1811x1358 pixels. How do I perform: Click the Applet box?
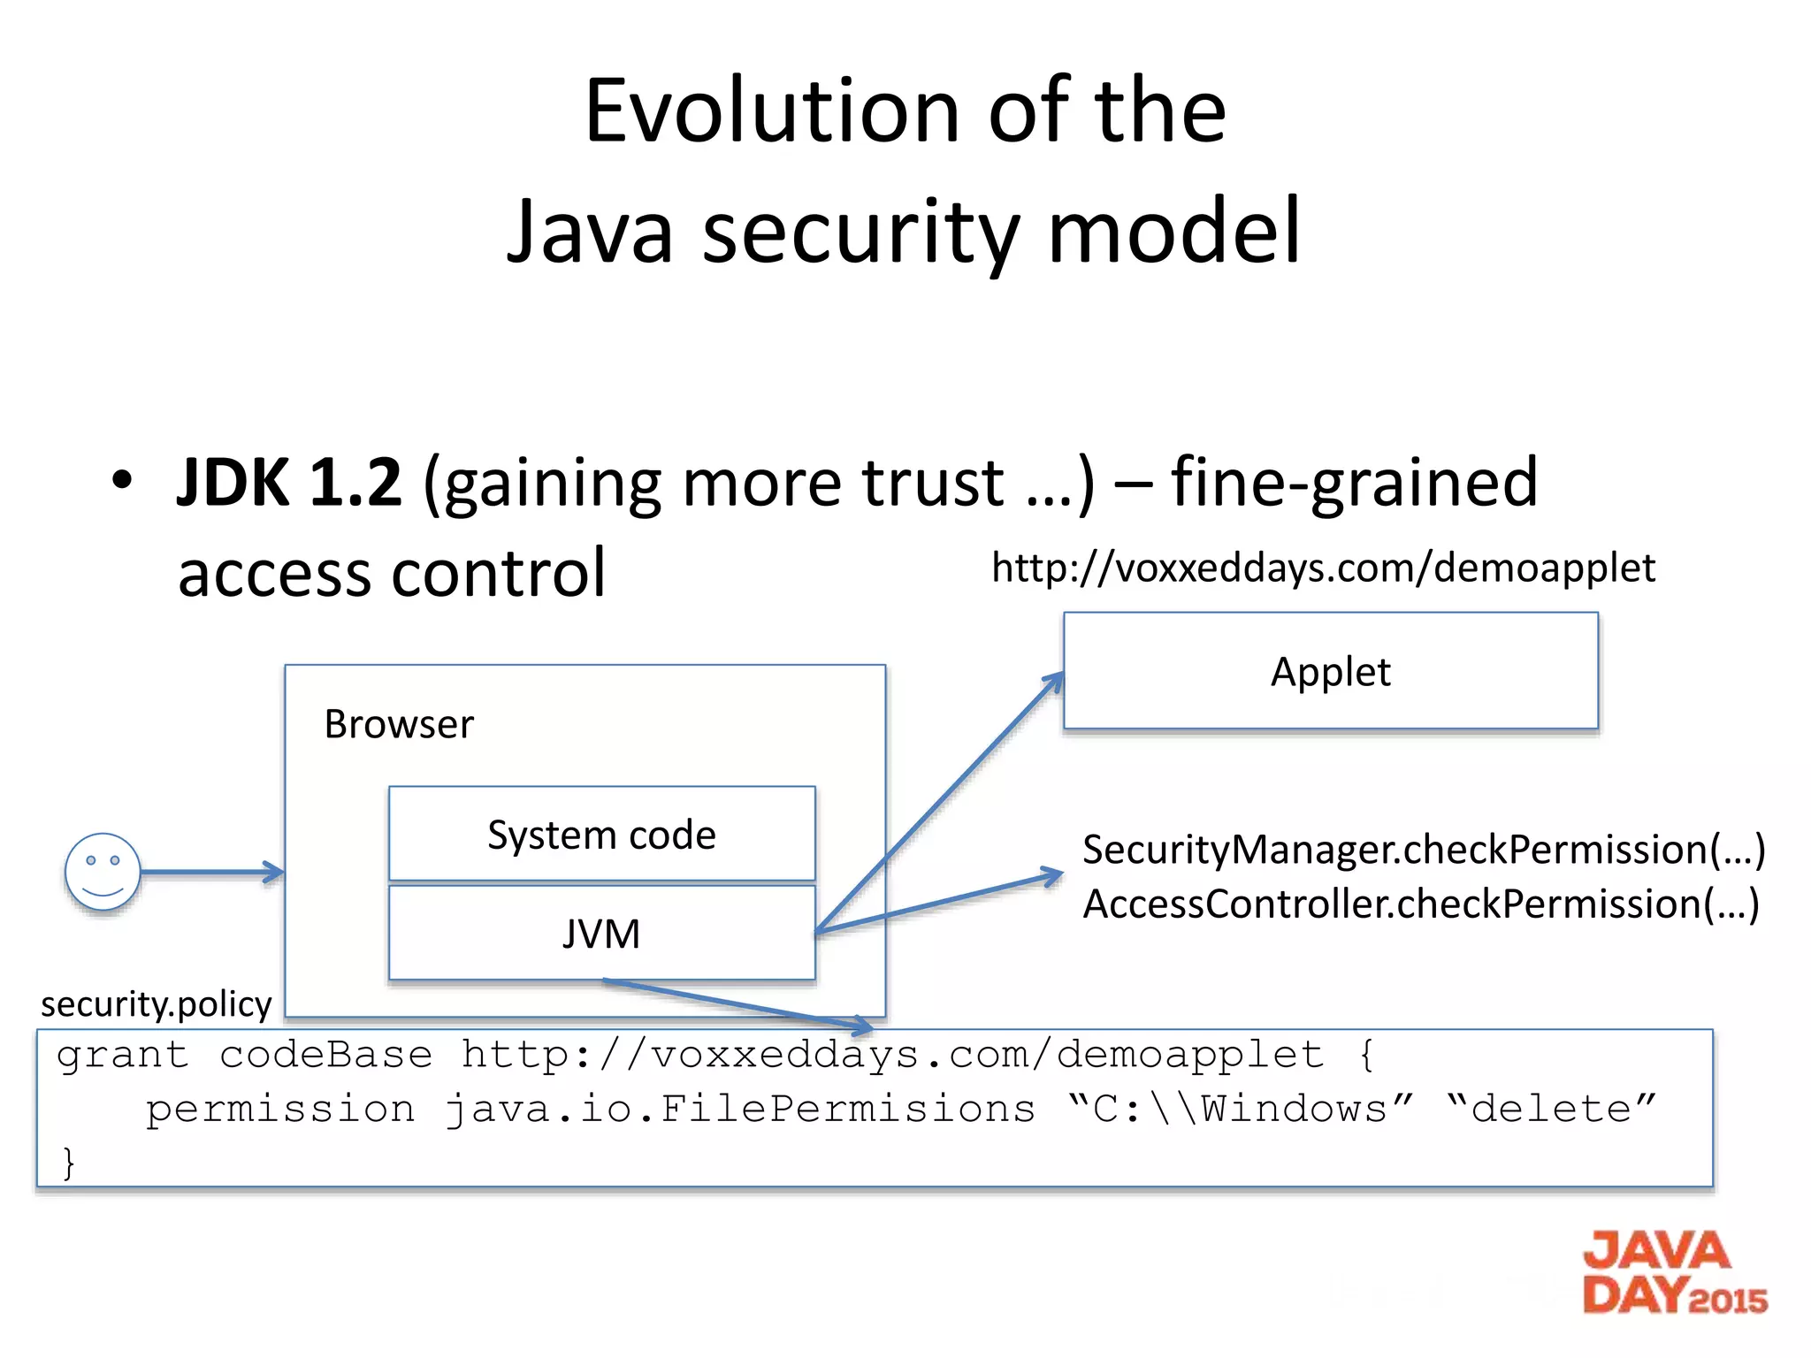click(x=1330, y=671)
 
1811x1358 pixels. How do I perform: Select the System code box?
click(x=601, y=834)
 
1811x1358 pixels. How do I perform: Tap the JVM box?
click(x=601, y=934)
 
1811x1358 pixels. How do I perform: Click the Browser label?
click(x=399, y=724)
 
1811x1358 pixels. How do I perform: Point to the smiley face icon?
click(x=103, y=872)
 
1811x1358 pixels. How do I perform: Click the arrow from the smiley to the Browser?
click(x=212, y=873)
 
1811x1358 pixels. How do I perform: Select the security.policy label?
click(x=157, y=1004)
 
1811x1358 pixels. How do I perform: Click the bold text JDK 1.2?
click(x=289, y=483)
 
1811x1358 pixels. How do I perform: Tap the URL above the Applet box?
click(x=1323, y=568)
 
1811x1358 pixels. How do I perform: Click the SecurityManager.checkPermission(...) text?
click(x=1423, y=850)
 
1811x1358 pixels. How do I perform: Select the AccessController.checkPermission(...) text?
click(x=1420, y=904)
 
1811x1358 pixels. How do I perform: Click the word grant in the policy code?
click(x=123, y=1056)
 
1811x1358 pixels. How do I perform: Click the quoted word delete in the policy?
click(x=1551, y=1109)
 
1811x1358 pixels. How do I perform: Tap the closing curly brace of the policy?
click(x=69, y=1163)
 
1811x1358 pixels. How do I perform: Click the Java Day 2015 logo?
click(x=1673, y=1273)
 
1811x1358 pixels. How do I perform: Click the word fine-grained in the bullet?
click(x=1354, y=483)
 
